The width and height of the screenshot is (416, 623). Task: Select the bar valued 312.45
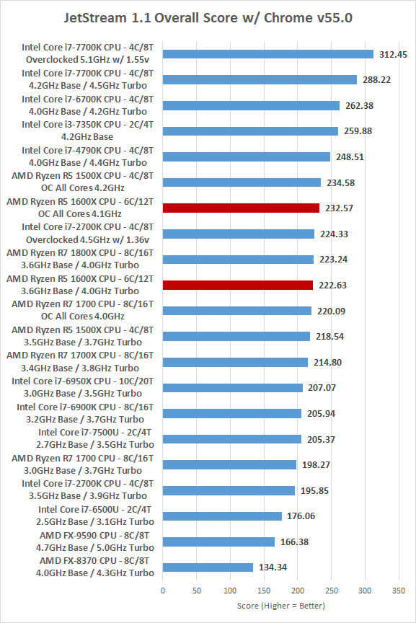tap(268, 54)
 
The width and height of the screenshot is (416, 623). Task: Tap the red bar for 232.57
tap(242, 208)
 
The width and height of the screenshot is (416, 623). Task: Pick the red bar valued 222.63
tap(238, 285)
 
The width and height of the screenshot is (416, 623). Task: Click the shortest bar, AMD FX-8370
tap(208, 567)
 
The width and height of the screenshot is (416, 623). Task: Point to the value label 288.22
tap(376, 80)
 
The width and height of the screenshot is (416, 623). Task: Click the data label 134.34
tap(273, 567)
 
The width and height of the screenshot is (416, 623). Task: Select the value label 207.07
tap(322, 388)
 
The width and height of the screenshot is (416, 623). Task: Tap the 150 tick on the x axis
tap(264, 591)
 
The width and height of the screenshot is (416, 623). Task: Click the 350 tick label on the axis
tap(399, 591)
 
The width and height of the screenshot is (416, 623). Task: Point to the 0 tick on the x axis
tap(163, 591)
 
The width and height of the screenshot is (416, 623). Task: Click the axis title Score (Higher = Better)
tap(281, 606)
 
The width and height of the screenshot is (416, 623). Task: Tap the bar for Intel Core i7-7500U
tap(232, 439)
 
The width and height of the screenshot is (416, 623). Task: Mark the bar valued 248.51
tap(247, 156)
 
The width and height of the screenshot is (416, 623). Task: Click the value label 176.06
tap(301, 516)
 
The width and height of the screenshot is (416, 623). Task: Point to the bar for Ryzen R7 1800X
tap(239, 260)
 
